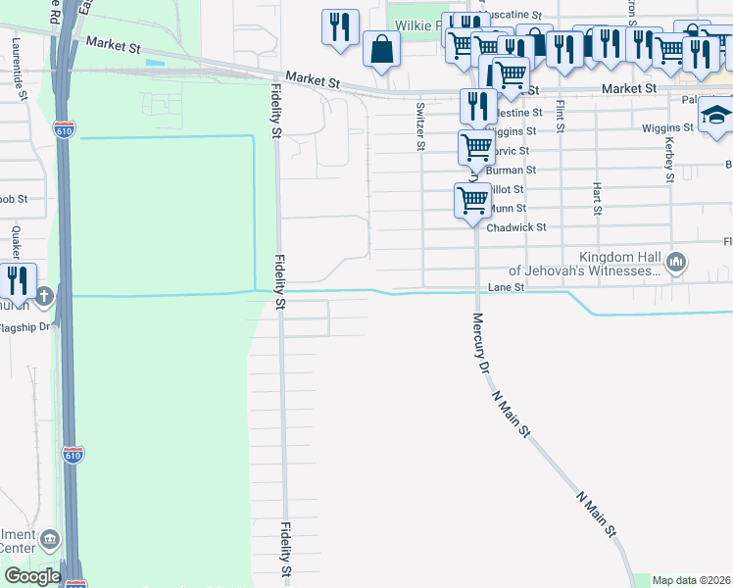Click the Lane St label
click(507, 287)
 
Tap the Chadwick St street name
click(517, 227)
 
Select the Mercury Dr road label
click(481, 344)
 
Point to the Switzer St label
click(420, 125)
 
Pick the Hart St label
click(596, 196)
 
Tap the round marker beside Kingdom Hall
click(675, 262)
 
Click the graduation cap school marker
click(715, 115)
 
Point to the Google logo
click(31, 576)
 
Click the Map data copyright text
click(691, 580)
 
